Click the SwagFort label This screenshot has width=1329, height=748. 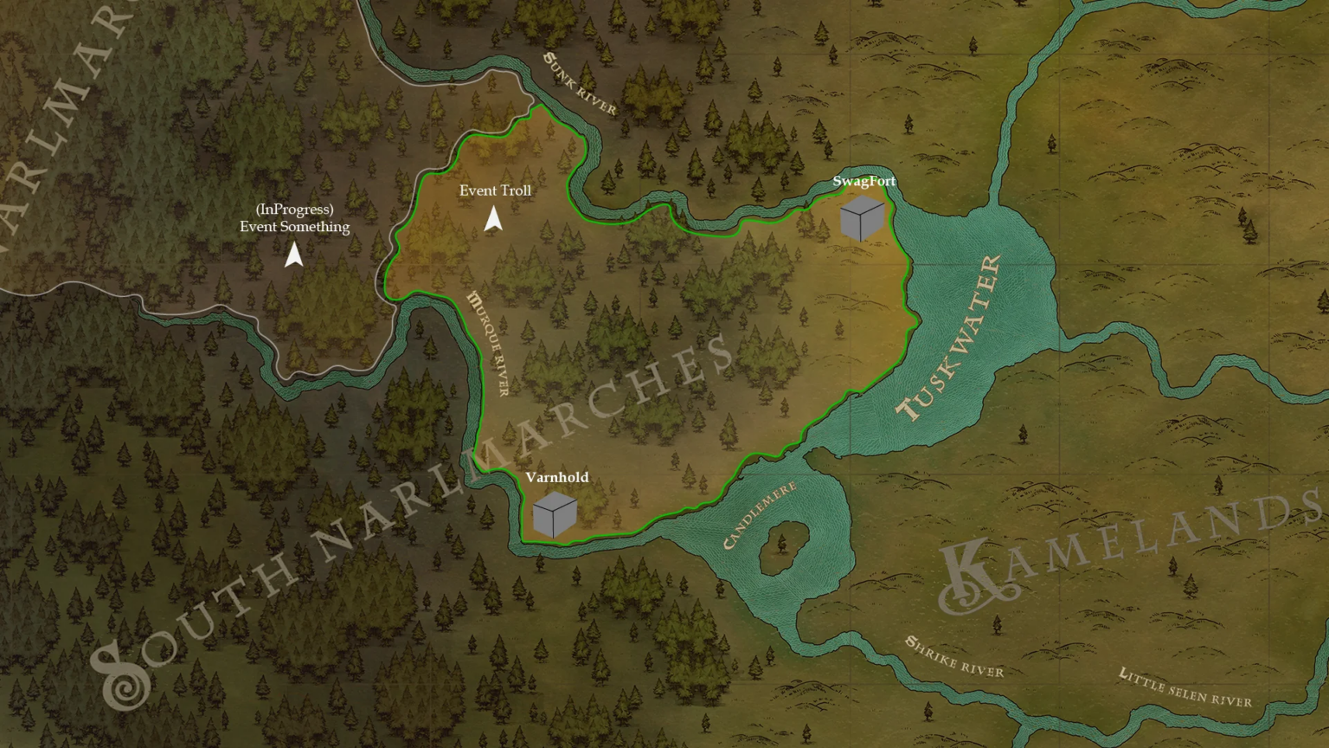864,181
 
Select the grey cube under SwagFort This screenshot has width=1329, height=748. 862,218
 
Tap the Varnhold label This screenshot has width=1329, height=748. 556,477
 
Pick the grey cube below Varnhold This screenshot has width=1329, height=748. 555,514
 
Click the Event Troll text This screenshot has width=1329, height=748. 495,190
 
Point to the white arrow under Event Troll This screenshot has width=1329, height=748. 493,219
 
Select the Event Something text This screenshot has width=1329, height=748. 294,227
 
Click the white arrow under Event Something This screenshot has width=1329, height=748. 294,255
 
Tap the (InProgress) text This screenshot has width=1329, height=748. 294,210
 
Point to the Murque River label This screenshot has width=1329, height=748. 488,343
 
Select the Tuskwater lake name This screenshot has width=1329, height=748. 951,338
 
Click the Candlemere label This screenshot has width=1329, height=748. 759,516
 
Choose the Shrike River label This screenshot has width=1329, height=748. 954,657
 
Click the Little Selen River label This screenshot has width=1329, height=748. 1185,687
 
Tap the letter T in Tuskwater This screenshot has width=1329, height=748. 908,407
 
